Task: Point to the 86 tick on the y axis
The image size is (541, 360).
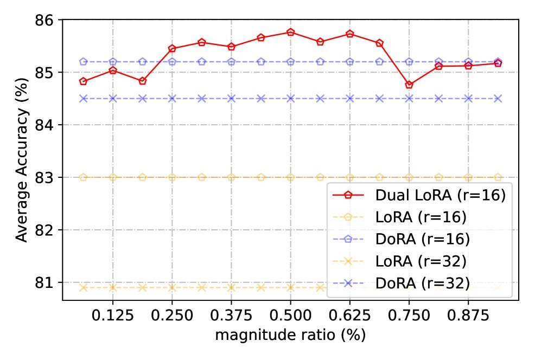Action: click(47, 20)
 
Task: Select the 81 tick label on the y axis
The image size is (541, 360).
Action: click(47, 283)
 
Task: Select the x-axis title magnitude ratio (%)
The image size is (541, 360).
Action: click(290, 335)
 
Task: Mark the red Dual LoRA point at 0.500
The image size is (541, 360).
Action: click(290, 33)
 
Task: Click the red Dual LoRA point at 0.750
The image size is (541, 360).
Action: click(409, 85)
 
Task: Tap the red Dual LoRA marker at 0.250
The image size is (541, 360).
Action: click(172, 49)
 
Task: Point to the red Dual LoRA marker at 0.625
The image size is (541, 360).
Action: click(350, 34)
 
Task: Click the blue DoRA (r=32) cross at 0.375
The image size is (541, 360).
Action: click(231, 99)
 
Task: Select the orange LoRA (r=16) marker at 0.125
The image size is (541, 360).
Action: click(113, 177)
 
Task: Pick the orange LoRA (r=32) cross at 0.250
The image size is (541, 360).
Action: click(172, 288)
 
